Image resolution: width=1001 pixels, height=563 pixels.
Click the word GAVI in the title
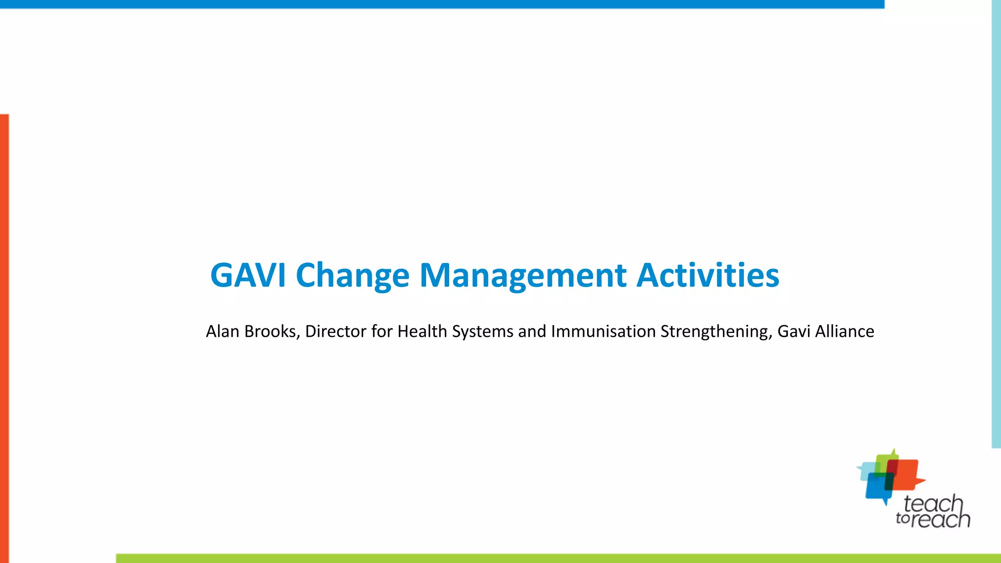pyautogui.click(x=248, y=275)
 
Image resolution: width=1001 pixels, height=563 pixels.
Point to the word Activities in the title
pyautogui.click(x=708, y=275)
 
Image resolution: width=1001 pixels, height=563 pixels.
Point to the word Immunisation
pyautogui.click(x=603, y=331)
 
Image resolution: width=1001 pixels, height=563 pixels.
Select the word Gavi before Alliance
pyautogui.click(x=794, y=331)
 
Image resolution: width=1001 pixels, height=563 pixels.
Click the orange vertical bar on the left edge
pyautogui.click(x=4, y=337)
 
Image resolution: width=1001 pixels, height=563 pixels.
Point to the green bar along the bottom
pyautogui.click(x=557, y=558)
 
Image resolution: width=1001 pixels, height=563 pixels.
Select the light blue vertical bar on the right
pyautogui.click(x=996, y=225)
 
